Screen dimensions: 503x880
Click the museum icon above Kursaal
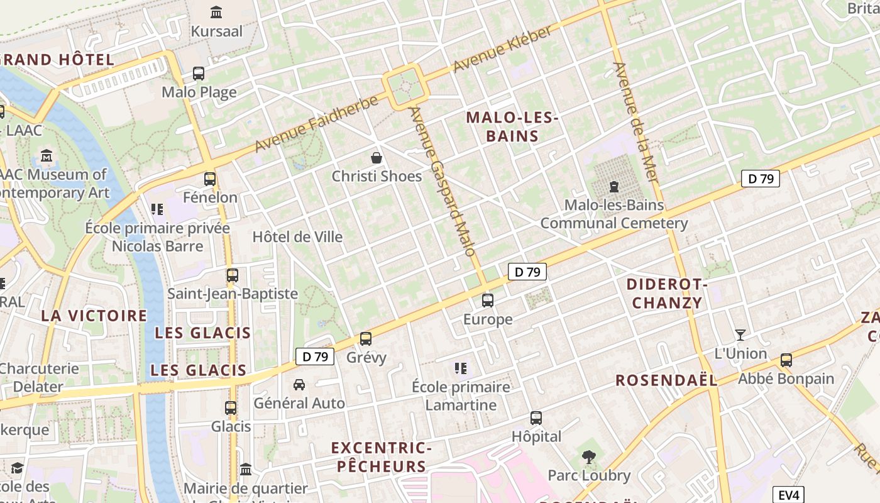(216, 12)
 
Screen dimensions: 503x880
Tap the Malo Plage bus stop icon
(199, 74)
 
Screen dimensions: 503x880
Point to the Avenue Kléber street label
(502, 49)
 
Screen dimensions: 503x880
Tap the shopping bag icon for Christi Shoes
(377, 157)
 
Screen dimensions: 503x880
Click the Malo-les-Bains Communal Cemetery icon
(614, 187)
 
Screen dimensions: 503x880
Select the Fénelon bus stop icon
(210, 179)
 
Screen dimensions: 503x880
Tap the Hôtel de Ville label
(297, 237)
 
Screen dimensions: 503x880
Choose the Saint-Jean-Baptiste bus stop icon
(233, 275)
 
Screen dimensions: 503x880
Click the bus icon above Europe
(488, 301)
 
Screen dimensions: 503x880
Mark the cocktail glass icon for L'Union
(740, 335)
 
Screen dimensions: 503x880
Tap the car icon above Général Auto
(299, 384)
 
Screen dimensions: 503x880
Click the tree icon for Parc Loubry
(589, 457)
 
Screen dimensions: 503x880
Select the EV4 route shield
(788, 495)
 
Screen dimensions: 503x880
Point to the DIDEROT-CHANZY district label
(667, 294)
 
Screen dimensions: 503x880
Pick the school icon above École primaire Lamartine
(461, 368)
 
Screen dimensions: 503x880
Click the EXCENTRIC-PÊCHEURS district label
(381, 457)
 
